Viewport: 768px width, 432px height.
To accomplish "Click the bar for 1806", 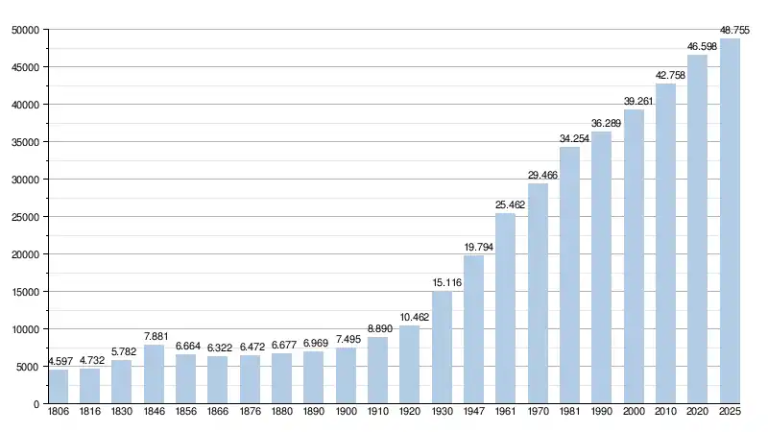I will (58, 386).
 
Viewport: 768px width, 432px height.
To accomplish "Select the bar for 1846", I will (154, 374).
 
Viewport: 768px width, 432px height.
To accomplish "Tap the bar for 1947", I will (473, 329).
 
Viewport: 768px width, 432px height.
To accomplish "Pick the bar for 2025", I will (730, 221).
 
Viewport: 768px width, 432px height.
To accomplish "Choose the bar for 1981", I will (569, 276).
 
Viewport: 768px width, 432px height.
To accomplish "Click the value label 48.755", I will (730, 31).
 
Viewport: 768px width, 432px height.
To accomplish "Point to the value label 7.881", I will (154, 337).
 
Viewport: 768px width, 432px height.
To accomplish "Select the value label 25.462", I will (505, 205).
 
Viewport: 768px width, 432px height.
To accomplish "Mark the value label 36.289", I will (601, 124).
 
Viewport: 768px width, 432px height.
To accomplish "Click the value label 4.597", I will (58, 362).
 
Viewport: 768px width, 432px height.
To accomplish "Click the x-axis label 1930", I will (442, 413).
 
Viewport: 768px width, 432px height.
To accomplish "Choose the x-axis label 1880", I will (281, 413).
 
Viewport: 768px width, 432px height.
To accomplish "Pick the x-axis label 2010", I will (665, 413).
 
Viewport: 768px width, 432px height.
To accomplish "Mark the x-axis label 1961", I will (505, 413).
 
